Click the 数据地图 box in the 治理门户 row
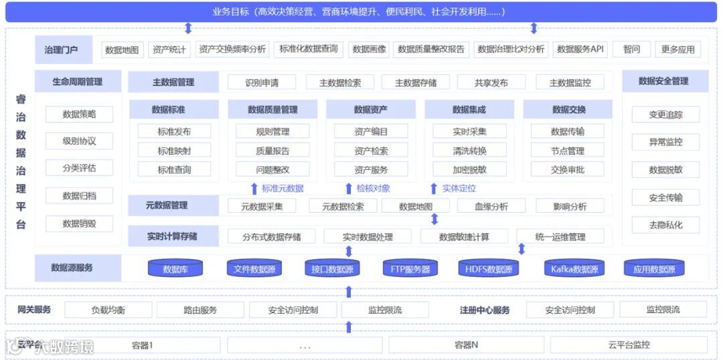pyautogui.click(x=122, y=50)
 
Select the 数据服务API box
pyautogui.click(x=580, y=50)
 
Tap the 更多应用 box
pyautogui.click(x=677, y=50)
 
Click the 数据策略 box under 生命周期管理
pyautogui.click(x=79, y=114)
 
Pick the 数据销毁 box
pyautogui.click(x=79, y=223)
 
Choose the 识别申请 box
pyautogui.click(x=262, y=82)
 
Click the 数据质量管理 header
pyautogui.click(x=272, y=110)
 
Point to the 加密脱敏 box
pyautogui.click(x=469, y=169)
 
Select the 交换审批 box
pyautogui.click(x=568, y=169)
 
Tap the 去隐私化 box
pyautogui.click(x=665, y=225)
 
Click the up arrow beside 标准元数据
pyautogui.click(x=254, y=189)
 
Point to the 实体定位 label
pyautogui.click(x=459, y=189)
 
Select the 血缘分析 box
pyautogui.click(x=491, y=206)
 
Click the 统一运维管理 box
pyautogui.click(x=560, y=236)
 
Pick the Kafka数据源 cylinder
pyautogui.click(x=574, y=270)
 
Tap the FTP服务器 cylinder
pyautogui.click(x=410, y=270)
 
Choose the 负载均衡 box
pyautogui.click(x=108, y=310)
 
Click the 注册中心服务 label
pyautogui.click(x=485, y=310)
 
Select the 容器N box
pyautogui.click(x=466, y=345)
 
